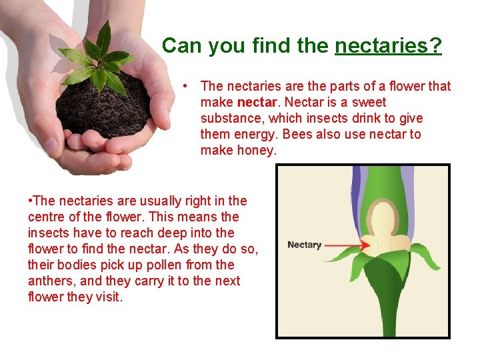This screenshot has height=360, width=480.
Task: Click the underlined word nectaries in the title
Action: [x=387, y=46]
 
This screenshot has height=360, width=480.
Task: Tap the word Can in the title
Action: [x=178, y=46]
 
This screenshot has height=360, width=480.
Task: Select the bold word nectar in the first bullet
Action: [x=257, y=103]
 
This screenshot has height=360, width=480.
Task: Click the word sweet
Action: [x=367, y=103]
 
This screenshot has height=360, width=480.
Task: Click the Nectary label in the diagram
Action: [x=304, y=245]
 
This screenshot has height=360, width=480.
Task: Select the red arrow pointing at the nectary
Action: [x=347, y=245]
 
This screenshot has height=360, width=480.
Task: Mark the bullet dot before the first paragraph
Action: [x=190, y=87]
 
